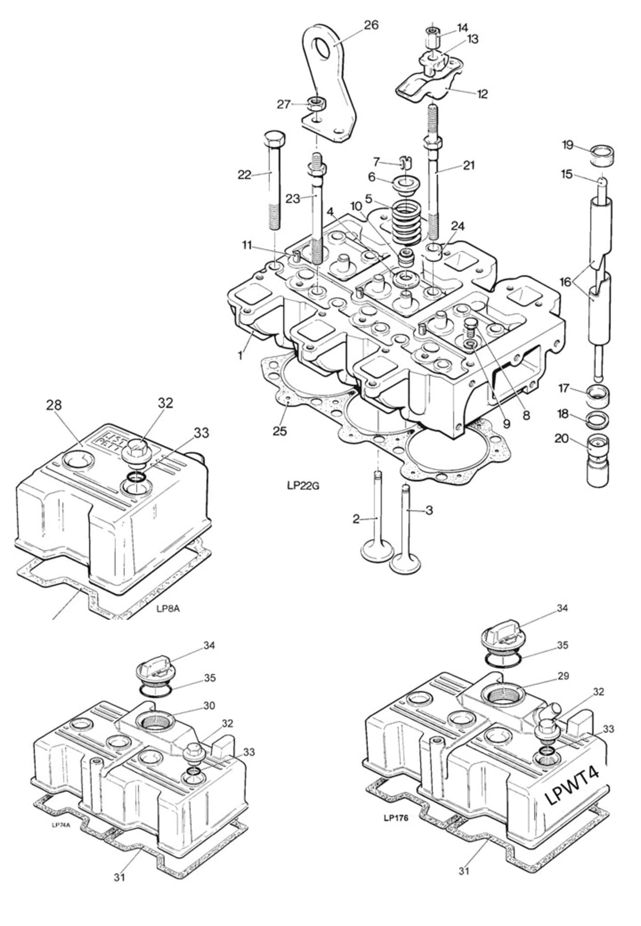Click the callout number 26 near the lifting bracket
[371, 25]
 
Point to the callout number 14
[462, 27]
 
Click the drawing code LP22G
[303, 486]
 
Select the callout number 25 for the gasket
[280, 431]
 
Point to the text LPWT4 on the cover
[573, 787]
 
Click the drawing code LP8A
[168, 608]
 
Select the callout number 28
[54, 405]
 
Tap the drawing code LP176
[396, 818]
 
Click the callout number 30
[209, 706]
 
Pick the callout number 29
[563, 676]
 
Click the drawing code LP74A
[61, 824]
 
